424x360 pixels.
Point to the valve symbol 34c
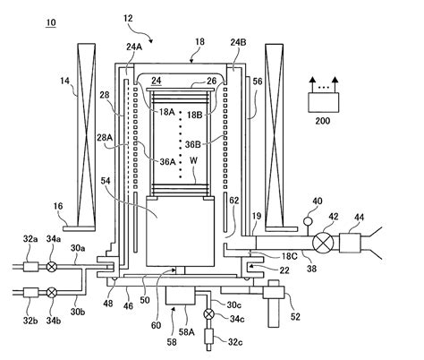209,313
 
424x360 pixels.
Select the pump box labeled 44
355,242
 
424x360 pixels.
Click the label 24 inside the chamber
157,81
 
